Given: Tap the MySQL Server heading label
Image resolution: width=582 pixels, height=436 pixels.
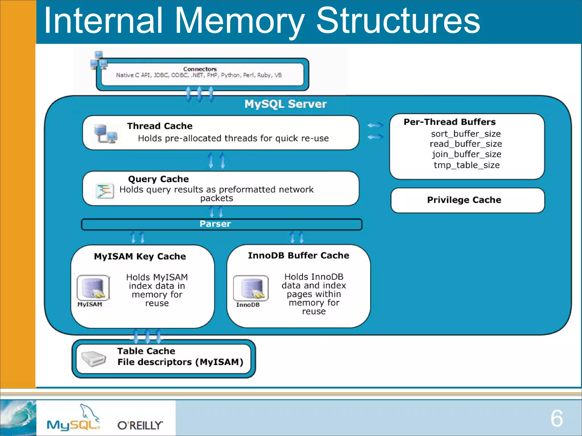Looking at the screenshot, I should tap(285, 104).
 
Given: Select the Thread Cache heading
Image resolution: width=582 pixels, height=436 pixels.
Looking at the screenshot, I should tap(160, 126).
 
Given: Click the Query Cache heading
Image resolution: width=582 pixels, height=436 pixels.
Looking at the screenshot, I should tap(158, 179).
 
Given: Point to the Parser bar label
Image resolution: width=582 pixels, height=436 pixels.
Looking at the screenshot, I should tap(215, 224).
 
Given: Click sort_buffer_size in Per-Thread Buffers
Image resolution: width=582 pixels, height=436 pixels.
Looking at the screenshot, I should tap(466, 133).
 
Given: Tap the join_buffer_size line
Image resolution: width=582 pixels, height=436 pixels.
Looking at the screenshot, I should tap(467, 154).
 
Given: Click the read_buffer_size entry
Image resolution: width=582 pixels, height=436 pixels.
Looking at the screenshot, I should tap(466, 144).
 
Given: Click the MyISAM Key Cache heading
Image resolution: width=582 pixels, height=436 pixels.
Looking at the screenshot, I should tap(140, 256).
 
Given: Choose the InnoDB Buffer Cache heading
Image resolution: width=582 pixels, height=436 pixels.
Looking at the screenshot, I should tap(298, 255).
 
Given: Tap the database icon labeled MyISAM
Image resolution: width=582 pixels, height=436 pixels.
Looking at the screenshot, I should tap(93, 288).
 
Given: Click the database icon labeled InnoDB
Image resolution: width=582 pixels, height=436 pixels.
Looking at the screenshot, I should tap(251, 288).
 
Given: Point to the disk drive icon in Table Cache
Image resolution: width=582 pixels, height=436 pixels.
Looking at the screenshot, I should tap(93, 359).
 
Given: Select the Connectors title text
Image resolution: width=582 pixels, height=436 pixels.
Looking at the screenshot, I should tap(200, 69).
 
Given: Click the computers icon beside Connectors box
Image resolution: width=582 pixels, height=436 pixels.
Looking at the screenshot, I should tap(99, 60).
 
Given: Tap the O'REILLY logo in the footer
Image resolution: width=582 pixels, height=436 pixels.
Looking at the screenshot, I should tap(140, 425).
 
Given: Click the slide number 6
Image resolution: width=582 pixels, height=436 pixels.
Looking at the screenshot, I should tap(556, 418).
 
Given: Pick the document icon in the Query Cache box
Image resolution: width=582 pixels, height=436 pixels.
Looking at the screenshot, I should tap(104, 191).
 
